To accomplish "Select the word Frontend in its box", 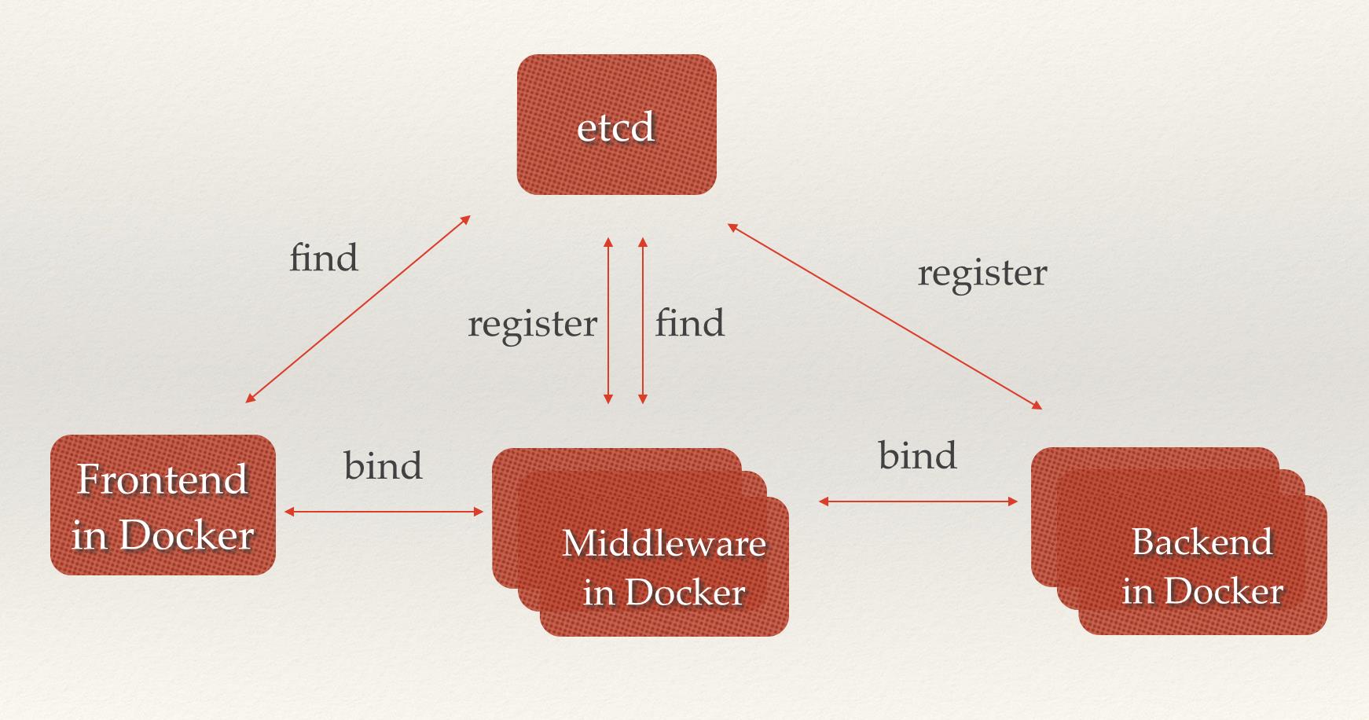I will coord(163,479).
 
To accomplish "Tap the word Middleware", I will coord(664,543).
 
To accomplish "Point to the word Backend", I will coord(1202,542).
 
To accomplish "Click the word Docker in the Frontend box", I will coord(186,535).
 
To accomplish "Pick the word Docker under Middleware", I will coord(685,592).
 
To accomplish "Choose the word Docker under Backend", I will coord(1224,590).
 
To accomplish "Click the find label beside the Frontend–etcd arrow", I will coord(324,258).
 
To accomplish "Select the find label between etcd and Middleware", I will coord(690,323).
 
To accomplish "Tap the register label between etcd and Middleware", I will coord(532,323).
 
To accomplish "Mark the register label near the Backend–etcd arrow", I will coord(982,273).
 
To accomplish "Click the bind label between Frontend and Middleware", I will coord(383,465).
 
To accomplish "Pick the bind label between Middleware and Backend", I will coord(917,455).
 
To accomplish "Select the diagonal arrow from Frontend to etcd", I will coord(358,309).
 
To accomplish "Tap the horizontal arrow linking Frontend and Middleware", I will coord(384,512).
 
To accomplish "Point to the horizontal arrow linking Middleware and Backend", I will coord(918,501).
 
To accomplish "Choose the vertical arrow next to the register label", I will coord(607,321).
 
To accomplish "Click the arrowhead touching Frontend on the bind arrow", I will coord(289,512).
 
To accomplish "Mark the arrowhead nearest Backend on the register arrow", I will coord(1037,406).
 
